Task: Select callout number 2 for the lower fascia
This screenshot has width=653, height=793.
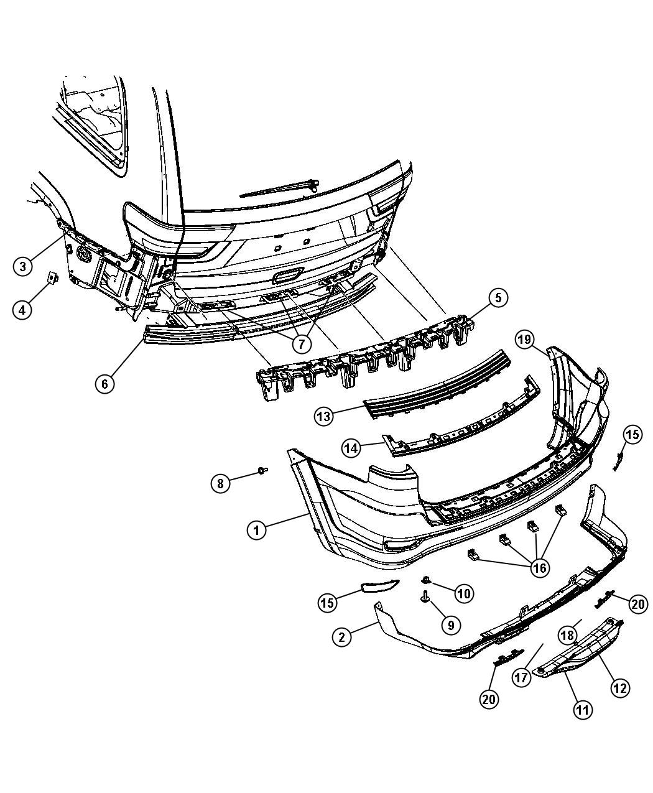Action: point(341,636)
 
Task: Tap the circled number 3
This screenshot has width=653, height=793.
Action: point(22,266)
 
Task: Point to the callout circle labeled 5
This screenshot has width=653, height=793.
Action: point(498,298)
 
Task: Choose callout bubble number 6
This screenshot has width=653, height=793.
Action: point(104,384)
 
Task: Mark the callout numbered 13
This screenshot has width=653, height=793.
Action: point(323,416)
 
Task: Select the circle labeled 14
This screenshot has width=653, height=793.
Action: point(352,447)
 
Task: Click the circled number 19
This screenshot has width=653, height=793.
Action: point(524,339)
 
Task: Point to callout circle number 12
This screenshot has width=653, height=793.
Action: point(620,687)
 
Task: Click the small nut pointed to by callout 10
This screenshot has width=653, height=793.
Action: point(426,580)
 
